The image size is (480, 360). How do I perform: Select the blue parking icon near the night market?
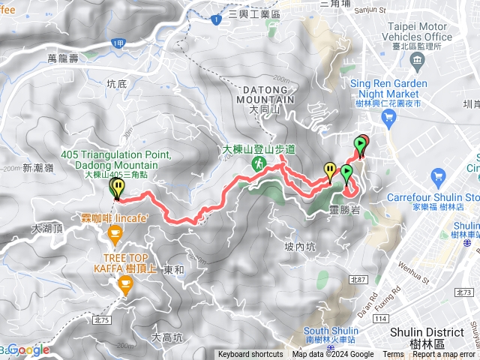[388, 118]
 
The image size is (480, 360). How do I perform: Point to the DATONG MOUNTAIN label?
[268, 94]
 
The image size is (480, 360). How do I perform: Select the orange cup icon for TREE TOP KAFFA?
[124, 283]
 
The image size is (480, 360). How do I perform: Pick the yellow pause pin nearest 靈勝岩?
[329, 170]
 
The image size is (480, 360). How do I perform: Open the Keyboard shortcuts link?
[250, 355]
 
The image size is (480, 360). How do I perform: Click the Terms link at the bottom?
[393, 355]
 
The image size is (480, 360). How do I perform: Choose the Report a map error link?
[444, 355]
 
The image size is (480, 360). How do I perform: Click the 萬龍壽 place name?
[62, 57]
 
